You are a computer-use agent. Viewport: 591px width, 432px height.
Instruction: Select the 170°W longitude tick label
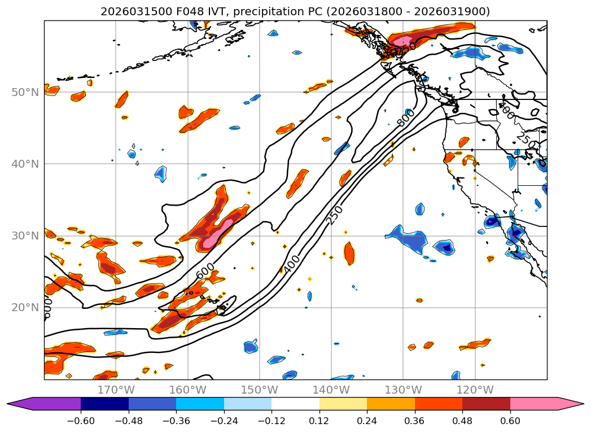coord(116,390)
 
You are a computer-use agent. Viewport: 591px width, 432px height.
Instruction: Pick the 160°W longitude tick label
coord(187,390)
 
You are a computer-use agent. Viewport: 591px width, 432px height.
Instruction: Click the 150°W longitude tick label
coord(260,390)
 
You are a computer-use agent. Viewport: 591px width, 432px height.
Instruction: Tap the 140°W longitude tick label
coord(331,390)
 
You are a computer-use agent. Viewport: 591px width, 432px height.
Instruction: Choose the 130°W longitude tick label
coord(403,390)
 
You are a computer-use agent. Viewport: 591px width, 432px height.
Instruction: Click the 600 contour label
coord(205,270)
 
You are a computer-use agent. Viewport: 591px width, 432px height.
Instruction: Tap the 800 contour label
coord(406,117)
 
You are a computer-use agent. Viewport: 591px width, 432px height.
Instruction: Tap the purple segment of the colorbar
coord(51,404)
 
